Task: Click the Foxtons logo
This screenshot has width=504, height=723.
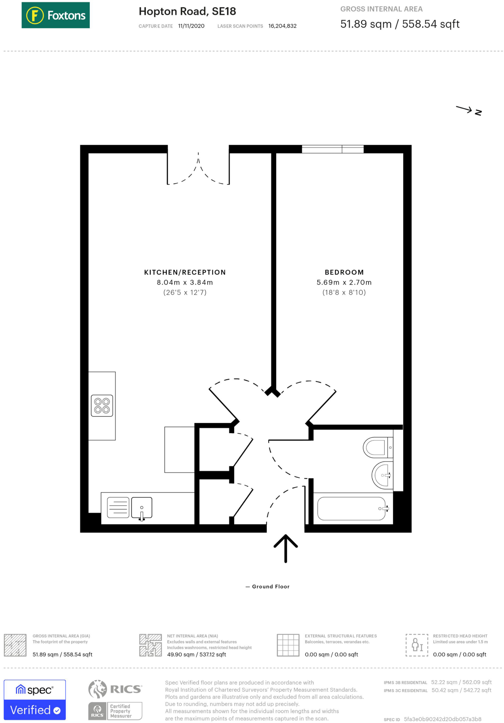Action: click(x=55, y=15)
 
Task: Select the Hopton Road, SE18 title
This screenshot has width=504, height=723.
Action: click(x=187, y=11)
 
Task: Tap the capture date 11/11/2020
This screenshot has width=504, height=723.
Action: click(x=191, y=26)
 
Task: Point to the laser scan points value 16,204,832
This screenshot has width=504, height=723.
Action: click(x=282, y=26)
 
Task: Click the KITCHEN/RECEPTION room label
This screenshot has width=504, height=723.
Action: click(x=185, y=272)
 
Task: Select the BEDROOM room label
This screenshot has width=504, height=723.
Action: click(x=344, y=272)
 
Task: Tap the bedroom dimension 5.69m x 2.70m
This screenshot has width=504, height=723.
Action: click(x=344, y=282)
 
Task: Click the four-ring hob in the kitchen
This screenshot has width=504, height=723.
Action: click(x=102, y=406)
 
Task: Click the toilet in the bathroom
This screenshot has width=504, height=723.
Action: click(x=376, y=448)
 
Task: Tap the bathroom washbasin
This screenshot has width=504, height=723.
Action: click(x=382, y=475)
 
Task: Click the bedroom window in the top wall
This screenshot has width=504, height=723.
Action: click(x=332, y=149)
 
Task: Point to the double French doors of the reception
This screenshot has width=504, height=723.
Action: click(x=198, y=169)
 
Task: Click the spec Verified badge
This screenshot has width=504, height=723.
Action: click(x=35, y=700)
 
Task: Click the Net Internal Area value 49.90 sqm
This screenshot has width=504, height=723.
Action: click(x=196, y=655)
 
